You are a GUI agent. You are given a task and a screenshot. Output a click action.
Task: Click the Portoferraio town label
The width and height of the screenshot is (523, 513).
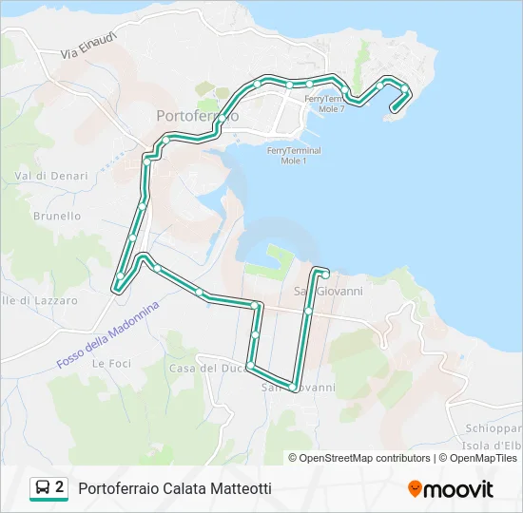click(x=197, y=114)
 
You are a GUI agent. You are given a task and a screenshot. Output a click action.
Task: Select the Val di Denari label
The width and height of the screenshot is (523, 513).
click(x=51, y=176)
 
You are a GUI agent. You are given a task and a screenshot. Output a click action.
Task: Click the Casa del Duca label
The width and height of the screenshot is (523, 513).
click(x=206, y=368)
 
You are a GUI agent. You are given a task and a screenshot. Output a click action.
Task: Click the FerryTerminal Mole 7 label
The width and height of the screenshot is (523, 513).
click(x=323, y=104)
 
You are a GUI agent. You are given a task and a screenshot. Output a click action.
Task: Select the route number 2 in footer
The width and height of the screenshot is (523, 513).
click(x=60, y=487)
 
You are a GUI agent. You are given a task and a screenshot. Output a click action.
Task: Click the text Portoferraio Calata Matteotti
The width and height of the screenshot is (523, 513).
click(x=175, y=488)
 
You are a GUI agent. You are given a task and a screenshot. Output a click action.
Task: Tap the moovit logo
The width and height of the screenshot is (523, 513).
click(x=451, y=489)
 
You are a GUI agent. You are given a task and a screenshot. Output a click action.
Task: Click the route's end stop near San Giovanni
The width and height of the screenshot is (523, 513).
click(x=325, y=275)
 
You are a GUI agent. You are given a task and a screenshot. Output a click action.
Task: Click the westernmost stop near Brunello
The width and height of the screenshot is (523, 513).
click(x=120, y=276)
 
